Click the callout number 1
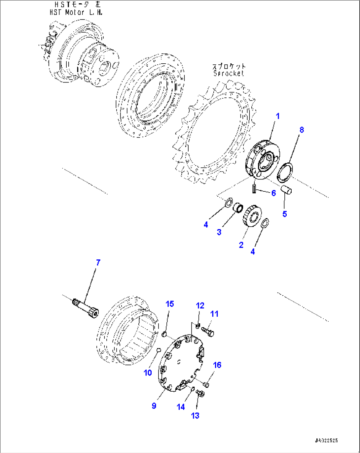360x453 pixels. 277,116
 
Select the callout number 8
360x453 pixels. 301,130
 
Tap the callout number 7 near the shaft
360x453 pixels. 98,263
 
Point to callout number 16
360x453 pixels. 217,365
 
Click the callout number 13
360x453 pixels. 195,416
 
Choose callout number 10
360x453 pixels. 148,372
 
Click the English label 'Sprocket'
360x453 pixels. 229,73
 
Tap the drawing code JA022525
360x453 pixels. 326,440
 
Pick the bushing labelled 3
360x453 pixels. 238,209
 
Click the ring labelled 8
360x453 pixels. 284,172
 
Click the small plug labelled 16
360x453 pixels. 206,384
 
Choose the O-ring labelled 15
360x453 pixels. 164,336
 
